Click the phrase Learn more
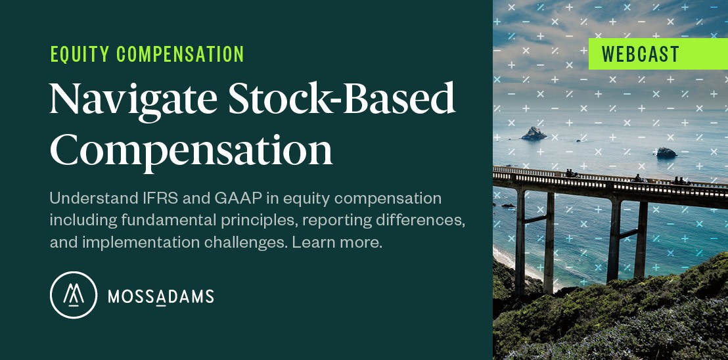336,242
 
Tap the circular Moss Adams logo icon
74,295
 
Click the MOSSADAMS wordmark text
160,296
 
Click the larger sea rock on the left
534,134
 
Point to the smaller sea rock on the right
666,152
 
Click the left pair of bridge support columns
535,242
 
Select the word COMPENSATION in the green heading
180,55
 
